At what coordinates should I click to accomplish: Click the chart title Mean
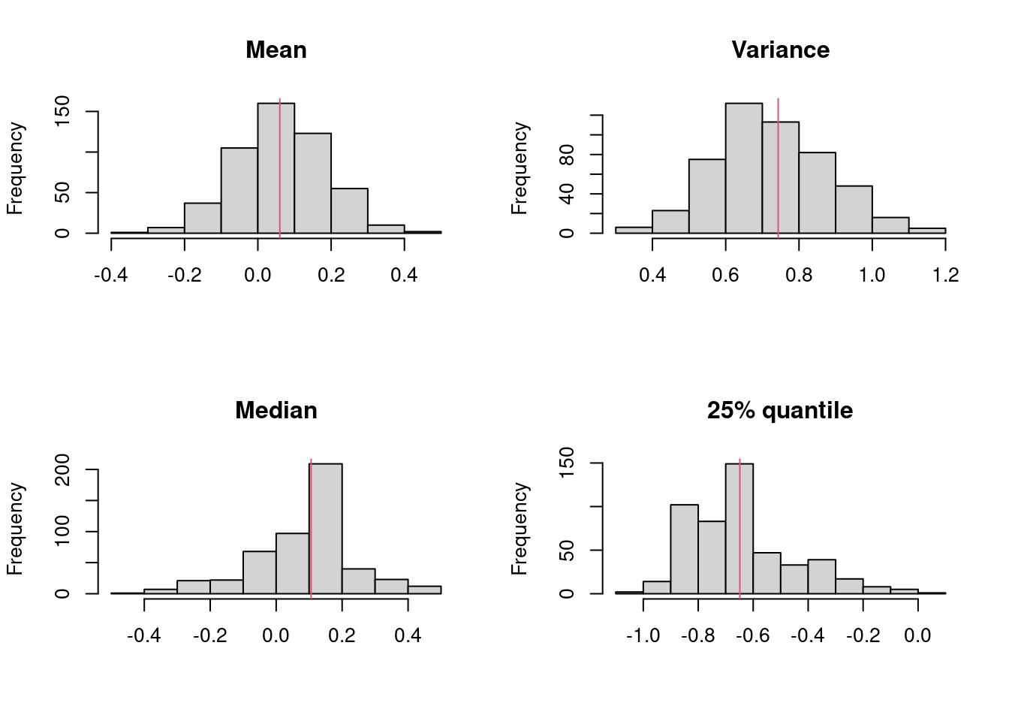(x=276, y=50)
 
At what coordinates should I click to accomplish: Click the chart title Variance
(x=780, y=50)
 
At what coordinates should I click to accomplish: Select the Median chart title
(x=276, y=411)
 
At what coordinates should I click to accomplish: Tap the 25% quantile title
(x=780, y=411)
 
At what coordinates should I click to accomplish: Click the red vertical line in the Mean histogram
(x=279, y=165)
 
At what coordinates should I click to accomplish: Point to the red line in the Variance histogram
(x=778, y=165)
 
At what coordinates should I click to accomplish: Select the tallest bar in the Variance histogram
(x=743, y=168)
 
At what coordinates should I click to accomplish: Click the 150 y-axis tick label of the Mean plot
(x=63, y=111)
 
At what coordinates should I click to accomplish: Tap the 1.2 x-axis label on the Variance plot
(x=945, y=275)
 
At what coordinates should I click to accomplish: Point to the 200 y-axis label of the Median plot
(x=63, y=470)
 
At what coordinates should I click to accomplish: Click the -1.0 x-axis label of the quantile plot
(x=643, y=636)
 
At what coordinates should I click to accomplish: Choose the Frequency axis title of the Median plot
(x=15, y=529)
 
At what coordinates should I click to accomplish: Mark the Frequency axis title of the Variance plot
(x=520, y=168)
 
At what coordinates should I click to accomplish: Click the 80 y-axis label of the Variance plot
(x=568, y=155)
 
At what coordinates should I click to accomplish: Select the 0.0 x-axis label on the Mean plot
(x=258, y=275)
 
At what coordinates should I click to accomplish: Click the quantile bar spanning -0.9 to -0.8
(x=684, y=549)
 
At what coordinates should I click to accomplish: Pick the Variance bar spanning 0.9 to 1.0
(x=854, y=210)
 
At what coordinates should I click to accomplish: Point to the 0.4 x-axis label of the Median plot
(x=408, y=636)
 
